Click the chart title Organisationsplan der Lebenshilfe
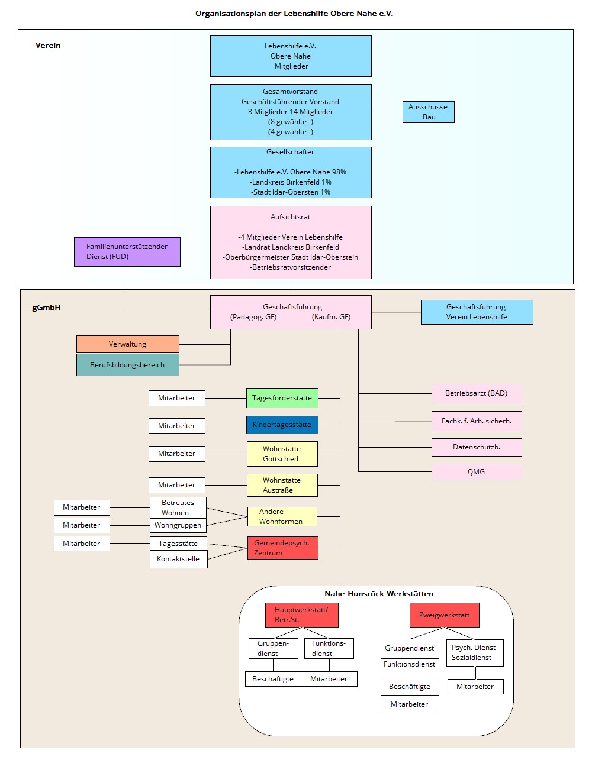click(x=294, y=13)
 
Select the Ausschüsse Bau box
click(x=428, y=112)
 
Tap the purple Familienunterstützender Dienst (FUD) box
click(x=127, y=252)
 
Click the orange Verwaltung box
click(x=127, y=344)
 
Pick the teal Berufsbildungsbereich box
click(x=127, y=365)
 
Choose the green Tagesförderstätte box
click(x=282, y=398)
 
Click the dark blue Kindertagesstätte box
click(x=282, y=425)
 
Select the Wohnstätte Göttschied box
click(x=282, y=454)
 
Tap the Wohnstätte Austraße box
click(x=282, y=485)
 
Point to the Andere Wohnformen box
click(x=282, y=516)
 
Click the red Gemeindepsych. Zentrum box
click(x=282, y=548)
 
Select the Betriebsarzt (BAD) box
click(x=477, y=393)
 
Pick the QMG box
click(x=477, y=472)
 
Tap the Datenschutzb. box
click(x=477, y=447)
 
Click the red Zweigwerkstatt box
click(x=444, y=615)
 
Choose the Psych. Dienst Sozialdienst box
click(x=474, y=652)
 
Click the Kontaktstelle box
click(x=178, y=559)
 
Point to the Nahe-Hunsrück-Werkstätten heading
click(x=379, y=594)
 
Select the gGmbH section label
click(x=46, y=308)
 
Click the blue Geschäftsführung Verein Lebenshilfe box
click(x=477, y=312)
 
